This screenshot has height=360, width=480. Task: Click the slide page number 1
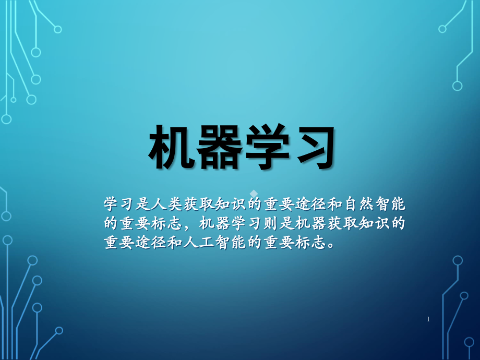pos(428,319)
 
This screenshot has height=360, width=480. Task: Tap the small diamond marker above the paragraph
pos(254,194)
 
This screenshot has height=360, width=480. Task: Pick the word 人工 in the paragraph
pos(193,243)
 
